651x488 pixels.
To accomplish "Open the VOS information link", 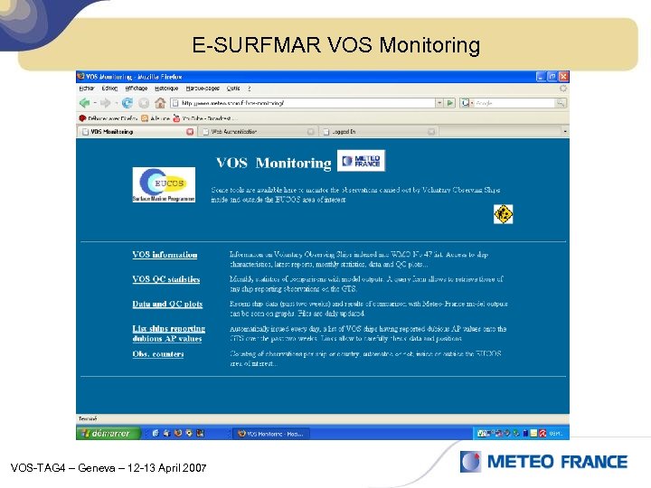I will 165,255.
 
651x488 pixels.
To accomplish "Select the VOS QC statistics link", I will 165,279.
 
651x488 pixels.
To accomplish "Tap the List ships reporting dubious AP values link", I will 168,333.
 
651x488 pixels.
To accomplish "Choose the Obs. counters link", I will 158,354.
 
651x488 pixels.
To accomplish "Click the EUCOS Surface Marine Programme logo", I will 163,184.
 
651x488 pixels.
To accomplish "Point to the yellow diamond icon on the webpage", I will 503,214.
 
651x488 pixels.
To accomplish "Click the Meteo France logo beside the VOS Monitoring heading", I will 362,162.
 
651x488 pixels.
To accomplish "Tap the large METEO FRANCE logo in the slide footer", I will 543,462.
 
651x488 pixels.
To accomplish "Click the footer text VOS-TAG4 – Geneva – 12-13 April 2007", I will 108,468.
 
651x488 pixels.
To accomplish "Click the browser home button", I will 144,103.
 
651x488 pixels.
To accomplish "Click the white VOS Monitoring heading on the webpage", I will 273,163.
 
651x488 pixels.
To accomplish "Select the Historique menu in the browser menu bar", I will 165,89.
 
